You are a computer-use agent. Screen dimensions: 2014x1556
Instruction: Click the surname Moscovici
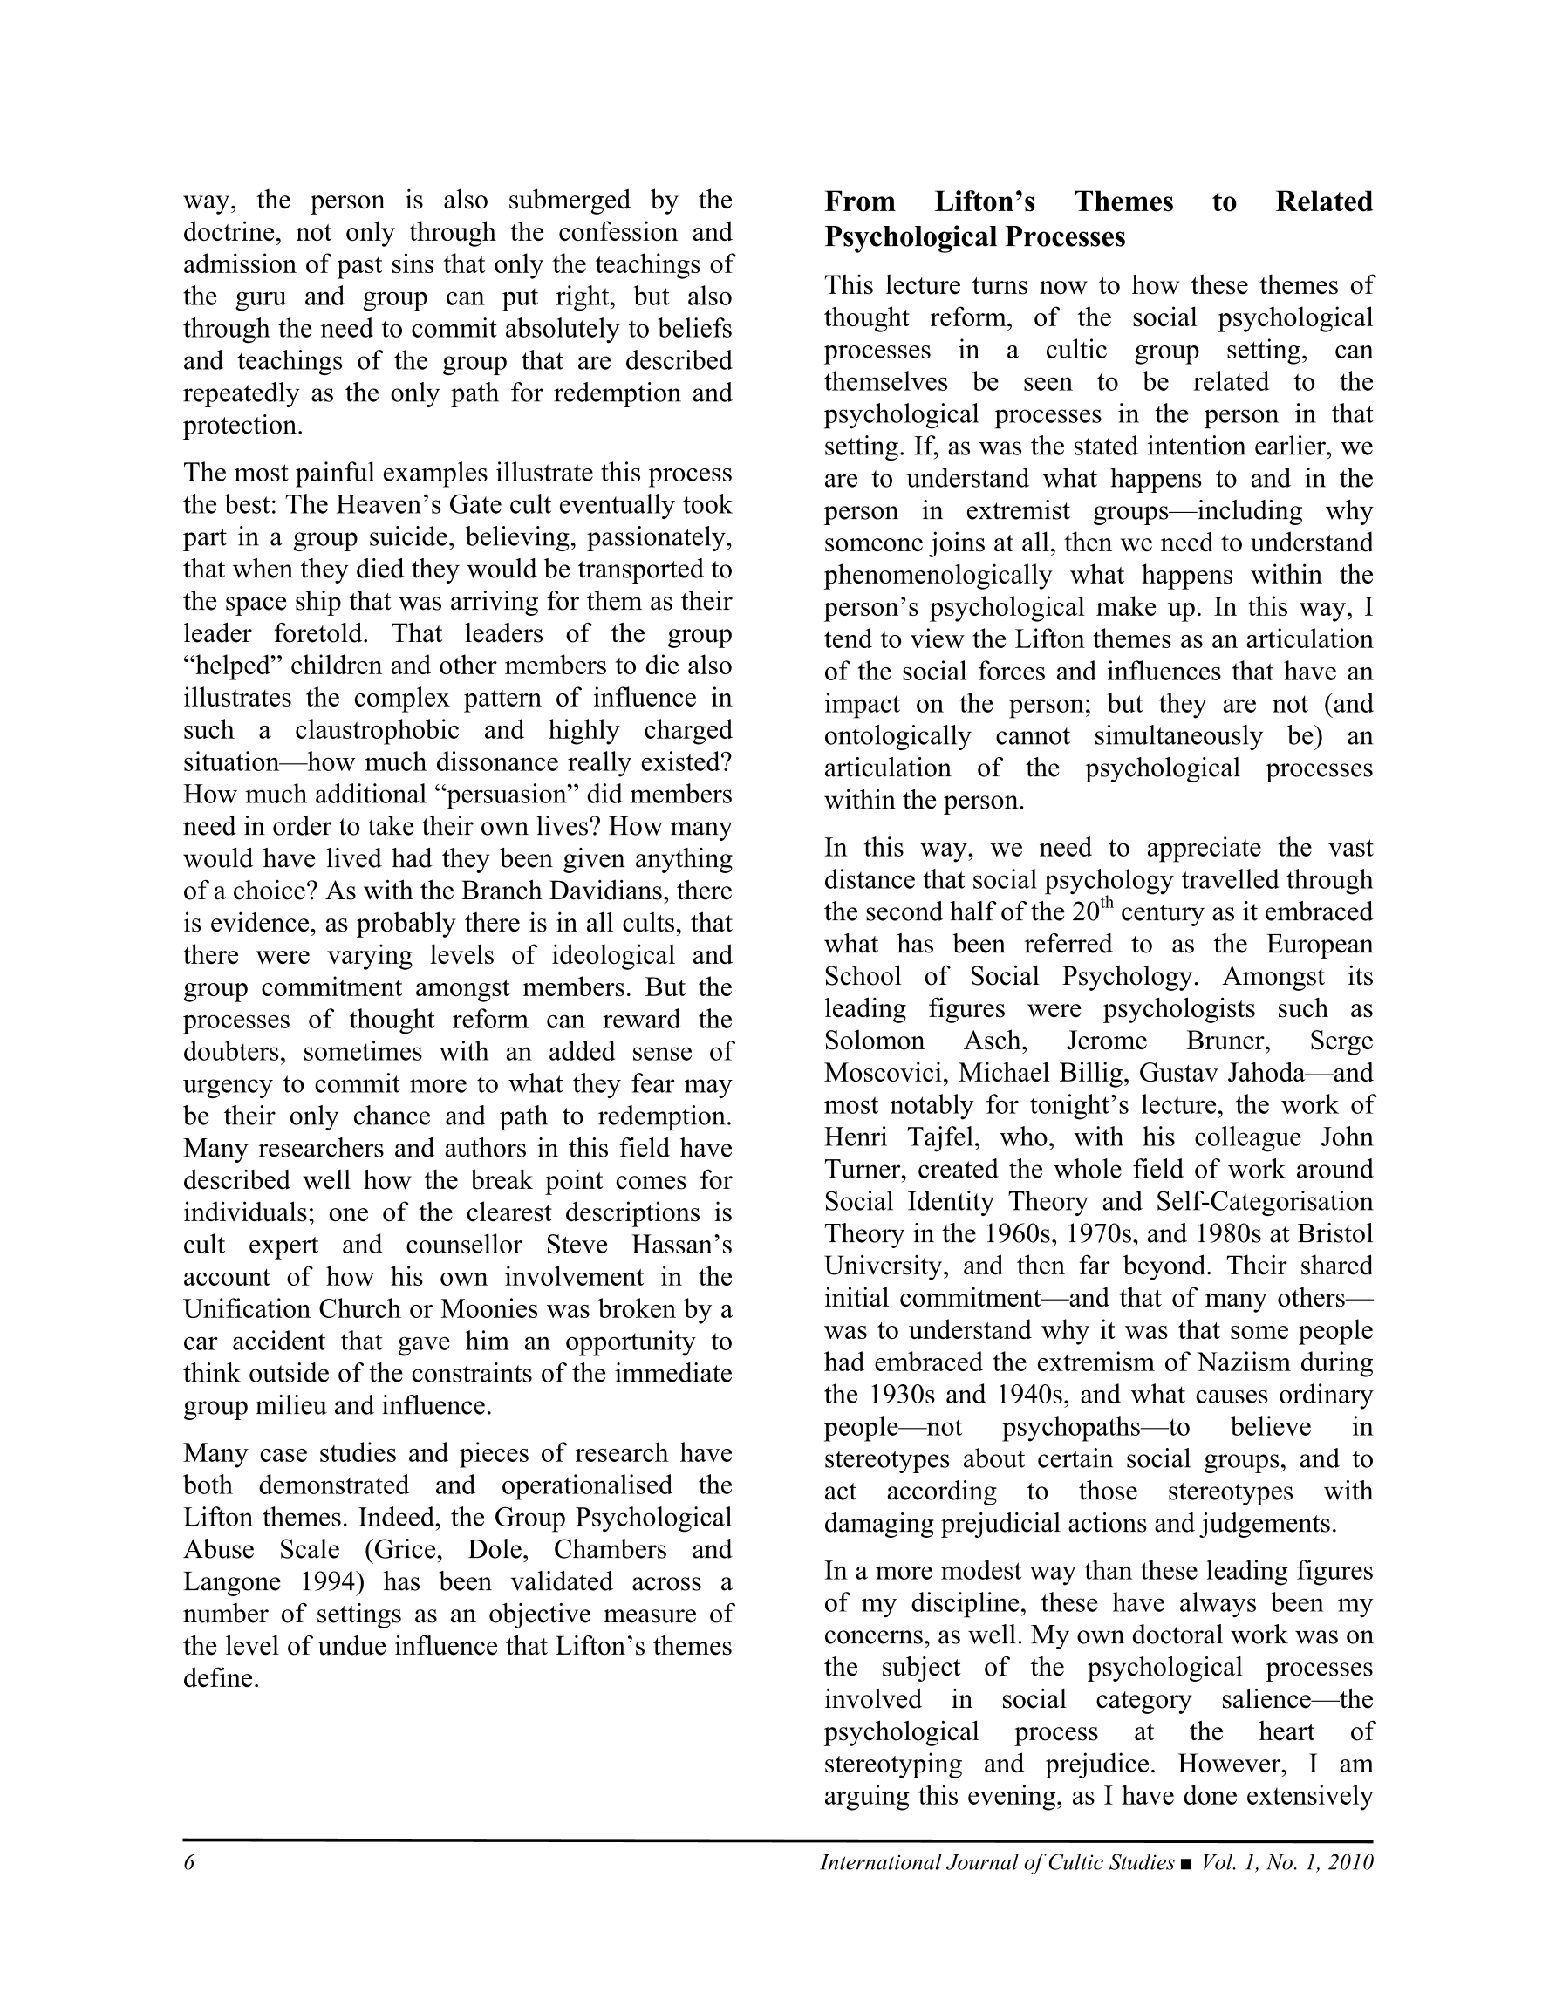point(884,1074)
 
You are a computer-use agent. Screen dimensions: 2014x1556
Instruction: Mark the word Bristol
point(1335,1234)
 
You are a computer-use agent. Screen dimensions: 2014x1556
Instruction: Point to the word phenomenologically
point(937,576)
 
